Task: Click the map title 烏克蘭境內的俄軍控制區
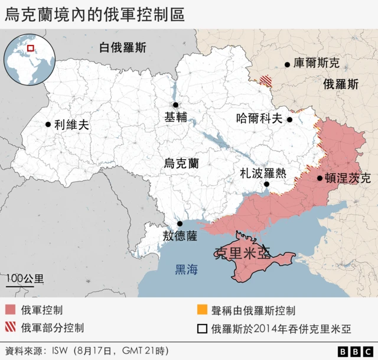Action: click(x=94, y=15)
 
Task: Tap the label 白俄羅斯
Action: click(x=122, y=47)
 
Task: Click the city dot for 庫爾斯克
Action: click(x=288, y=64)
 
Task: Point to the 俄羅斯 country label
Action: click(x=341, y=84)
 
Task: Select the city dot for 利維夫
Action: click(x=47, y=125)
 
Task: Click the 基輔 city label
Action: click(x=176, y=117)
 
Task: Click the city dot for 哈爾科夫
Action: click(x=290, y=119)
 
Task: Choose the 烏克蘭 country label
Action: click(x=181, y=163)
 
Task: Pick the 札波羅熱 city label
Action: click(x=263, y=173)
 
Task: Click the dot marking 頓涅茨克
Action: click(x=320, y=178)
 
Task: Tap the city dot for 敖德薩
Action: click(x=180, y=223)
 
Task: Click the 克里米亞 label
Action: click(x=243, y=253)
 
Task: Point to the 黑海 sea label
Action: click(x=186, y=270)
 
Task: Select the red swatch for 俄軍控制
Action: click(x=10, y=310)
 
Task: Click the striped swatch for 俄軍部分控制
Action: click(x=10, y=327)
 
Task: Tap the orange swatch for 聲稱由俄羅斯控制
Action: click(x=203, y=310)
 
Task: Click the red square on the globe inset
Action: click(x=31, y=48)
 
